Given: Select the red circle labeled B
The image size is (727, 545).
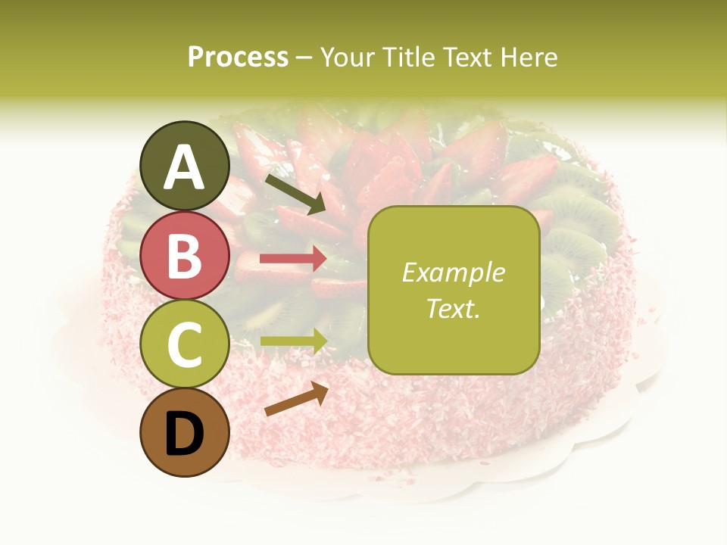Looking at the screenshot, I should pos(184,256).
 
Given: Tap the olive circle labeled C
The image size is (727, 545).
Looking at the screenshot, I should pos(184,344).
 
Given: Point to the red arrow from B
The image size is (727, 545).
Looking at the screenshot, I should pos(293,259).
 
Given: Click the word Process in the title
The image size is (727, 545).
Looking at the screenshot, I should pos(238,57).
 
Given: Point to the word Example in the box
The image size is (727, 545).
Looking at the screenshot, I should pos(453,272).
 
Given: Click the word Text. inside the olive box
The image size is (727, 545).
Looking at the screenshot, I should pos(453,308).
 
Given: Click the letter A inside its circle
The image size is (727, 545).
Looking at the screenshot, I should pos(184,168).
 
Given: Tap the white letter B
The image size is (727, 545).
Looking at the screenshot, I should pos(184,256).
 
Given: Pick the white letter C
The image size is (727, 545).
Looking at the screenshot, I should pos(184,344).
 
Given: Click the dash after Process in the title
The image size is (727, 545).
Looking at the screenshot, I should pos(304,58).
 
